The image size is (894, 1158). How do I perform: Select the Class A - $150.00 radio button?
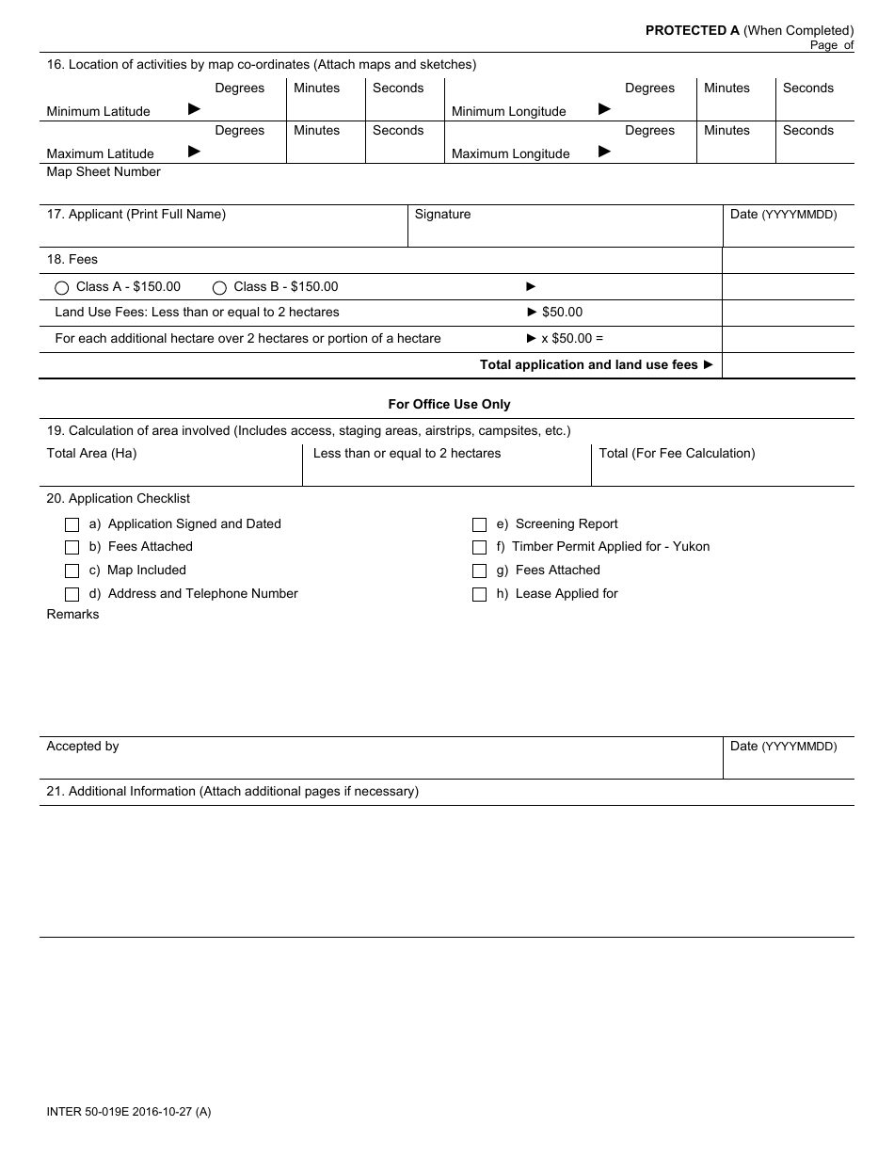click(62, 288)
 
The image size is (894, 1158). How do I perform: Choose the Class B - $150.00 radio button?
click(219, 288)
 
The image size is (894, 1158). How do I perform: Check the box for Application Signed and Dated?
click(72, 525)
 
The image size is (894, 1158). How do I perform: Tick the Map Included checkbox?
click(72, 571)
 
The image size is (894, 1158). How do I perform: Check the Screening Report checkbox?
click(479, 525)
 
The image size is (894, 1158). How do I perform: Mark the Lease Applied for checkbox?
click(479, 595)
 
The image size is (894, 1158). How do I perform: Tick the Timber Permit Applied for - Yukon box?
click(479, 548)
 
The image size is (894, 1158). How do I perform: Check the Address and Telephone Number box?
click(72, 595)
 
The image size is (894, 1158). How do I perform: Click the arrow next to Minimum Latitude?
click(194, 109)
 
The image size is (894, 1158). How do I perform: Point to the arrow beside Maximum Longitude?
click(605, 152)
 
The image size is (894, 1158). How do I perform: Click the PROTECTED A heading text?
click(692, 30)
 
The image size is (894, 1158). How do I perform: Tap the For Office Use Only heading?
click(449, 404)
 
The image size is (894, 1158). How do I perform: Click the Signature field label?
click(442, 215)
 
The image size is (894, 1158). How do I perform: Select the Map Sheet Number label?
click(104, 172)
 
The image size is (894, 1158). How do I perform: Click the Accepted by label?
click(83, 747)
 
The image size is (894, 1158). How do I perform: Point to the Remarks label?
click(72, 615)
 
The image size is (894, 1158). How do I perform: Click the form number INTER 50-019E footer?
click(128, 1112)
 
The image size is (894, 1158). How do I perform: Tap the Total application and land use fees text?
click(588, 365)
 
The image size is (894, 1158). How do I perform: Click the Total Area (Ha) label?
click(91, 454)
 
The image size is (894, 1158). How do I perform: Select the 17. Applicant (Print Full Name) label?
click(136, 215)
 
